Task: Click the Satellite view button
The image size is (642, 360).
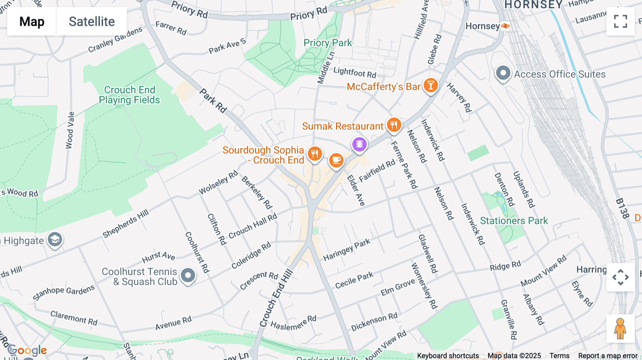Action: coord(92,21)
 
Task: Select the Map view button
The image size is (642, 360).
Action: coord(32,21)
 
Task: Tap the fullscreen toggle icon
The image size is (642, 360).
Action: coord(620,21)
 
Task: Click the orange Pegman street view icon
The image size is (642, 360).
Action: coord(620,328)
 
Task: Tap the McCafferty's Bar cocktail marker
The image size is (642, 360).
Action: coord(430,86)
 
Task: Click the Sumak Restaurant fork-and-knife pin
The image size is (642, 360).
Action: coord(394,125)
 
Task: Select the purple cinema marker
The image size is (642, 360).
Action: coord(359,144)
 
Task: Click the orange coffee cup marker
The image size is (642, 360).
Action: coord(336,160)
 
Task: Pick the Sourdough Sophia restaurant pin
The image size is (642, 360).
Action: coord(315,154)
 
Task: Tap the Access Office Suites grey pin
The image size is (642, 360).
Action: coord(503,73)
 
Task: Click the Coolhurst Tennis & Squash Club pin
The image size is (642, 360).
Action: coord(188,276)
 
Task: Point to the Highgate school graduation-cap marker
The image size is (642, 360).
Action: coord(55,240)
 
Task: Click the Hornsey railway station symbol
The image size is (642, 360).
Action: coord(505,26)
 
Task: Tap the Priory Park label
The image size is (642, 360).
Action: coord(327,43)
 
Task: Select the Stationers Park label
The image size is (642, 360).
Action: coord(514,221)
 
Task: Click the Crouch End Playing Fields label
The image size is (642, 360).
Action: coord(129,95)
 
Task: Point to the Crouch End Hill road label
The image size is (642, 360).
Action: coord(276,298)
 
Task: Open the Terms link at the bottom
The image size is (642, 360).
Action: coord(559,355)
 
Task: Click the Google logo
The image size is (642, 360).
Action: coord(27,350)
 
